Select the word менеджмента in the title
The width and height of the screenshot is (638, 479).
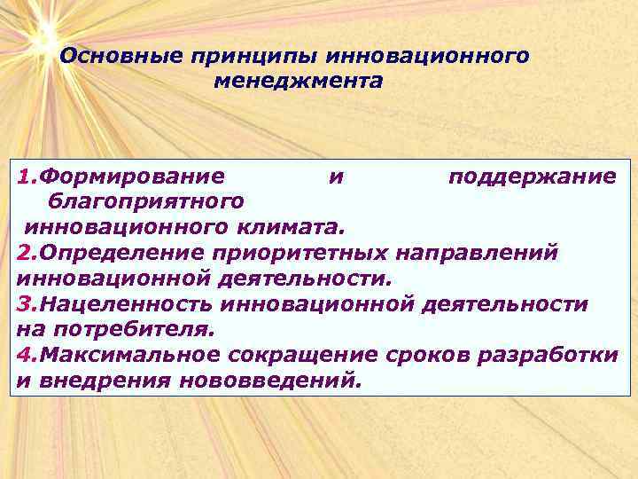click(299, 82)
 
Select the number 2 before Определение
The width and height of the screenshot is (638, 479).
click(22, 253)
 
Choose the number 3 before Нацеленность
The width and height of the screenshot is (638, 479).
click(22, 304)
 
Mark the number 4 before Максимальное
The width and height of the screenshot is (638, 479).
click(22, 356)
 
